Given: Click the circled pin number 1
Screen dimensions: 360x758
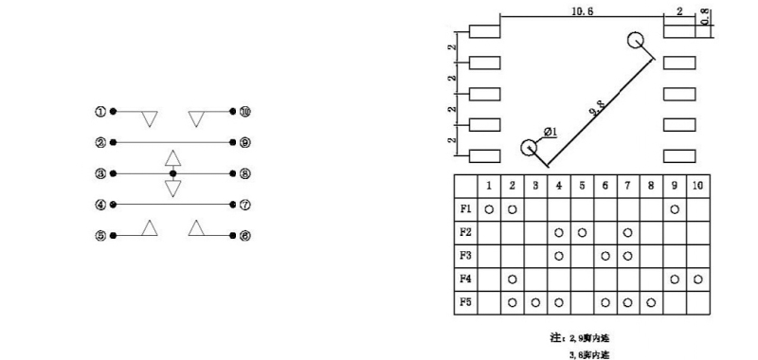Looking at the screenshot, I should coord(99,112).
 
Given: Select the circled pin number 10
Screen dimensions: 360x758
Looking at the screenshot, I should coord(245,112).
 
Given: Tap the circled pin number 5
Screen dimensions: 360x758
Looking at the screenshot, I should coord(99,236).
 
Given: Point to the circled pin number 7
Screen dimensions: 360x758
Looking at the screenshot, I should coord(245,205).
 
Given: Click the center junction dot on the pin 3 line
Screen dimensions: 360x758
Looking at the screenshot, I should coord(172,173).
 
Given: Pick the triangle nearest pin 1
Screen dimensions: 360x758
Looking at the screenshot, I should coord(149,119).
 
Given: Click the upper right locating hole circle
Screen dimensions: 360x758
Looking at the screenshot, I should coord(636,41).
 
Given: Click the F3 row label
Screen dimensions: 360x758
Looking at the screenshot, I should coord(466,256).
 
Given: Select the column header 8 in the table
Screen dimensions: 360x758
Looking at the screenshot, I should coord(651,186).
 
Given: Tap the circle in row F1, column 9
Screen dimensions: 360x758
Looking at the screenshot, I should coord(674,208).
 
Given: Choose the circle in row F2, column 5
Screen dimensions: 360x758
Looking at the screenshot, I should coord(582,232).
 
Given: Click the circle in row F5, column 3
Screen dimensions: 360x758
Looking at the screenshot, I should coord(535,303).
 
